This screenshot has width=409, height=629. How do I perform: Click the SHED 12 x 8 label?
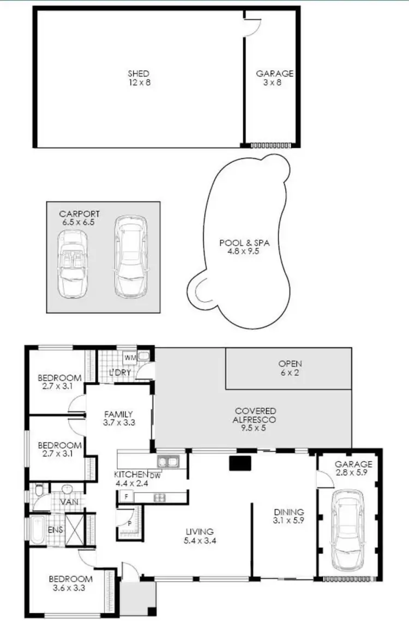coord(139,78)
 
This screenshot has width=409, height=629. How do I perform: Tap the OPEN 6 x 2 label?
coord(290,368)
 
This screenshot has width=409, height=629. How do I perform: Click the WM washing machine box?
coord(131,357)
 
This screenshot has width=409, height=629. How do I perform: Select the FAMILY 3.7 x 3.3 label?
coord(118,418)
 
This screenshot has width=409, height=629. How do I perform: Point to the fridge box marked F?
coord(126,497)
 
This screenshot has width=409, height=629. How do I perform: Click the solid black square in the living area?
coord(239,463)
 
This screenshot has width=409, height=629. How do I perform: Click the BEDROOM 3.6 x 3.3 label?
coord(70,583)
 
